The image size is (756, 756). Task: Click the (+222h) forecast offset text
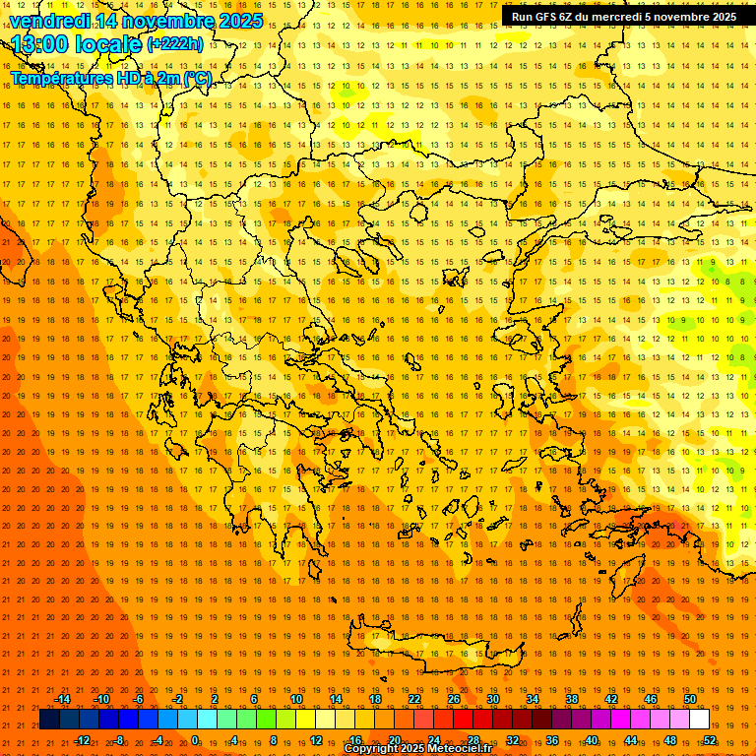(175, 44)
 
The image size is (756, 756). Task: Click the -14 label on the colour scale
(62, 699)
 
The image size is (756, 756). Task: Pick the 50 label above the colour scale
(690, 699)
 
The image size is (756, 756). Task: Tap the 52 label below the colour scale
(709, 739)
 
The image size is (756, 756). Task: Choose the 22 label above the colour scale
(414, 699)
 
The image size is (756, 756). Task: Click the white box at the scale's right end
(699, 720)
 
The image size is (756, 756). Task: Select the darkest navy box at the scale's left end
(49, 720)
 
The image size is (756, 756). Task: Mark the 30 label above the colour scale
(493, 699)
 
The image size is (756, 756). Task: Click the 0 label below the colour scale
(195, 739)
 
